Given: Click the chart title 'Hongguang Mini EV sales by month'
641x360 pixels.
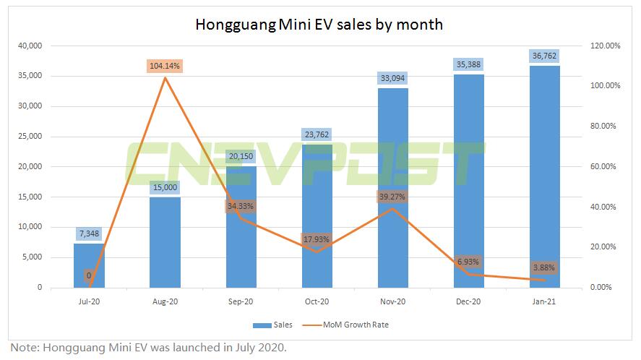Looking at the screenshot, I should [x=319, y=25].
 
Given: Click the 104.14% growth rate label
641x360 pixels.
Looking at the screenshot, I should [x=165, y=66].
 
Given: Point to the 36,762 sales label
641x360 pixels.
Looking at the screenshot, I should [x=545, y=55].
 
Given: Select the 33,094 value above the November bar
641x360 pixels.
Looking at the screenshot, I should [x=393, y=77].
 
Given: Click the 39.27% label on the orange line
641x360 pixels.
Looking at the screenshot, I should [x=393, y=195].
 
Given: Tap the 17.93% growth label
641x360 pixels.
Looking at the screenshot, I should [x=317, y=239].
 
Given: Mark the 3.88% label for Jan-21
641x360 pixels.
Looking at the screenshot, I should [x=545, y=267].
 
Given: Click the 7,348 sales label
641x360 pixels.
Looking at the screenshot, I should [x=89, y=233].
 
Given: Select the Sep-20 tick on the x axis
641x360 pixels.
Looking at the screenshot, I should [x=241, y=301].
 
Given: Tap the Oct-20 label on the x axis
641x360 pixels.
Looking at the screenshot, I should [x=317, y=301].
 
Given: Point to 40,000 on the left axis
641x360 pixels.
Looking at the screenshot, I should [x=29, y=46].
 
